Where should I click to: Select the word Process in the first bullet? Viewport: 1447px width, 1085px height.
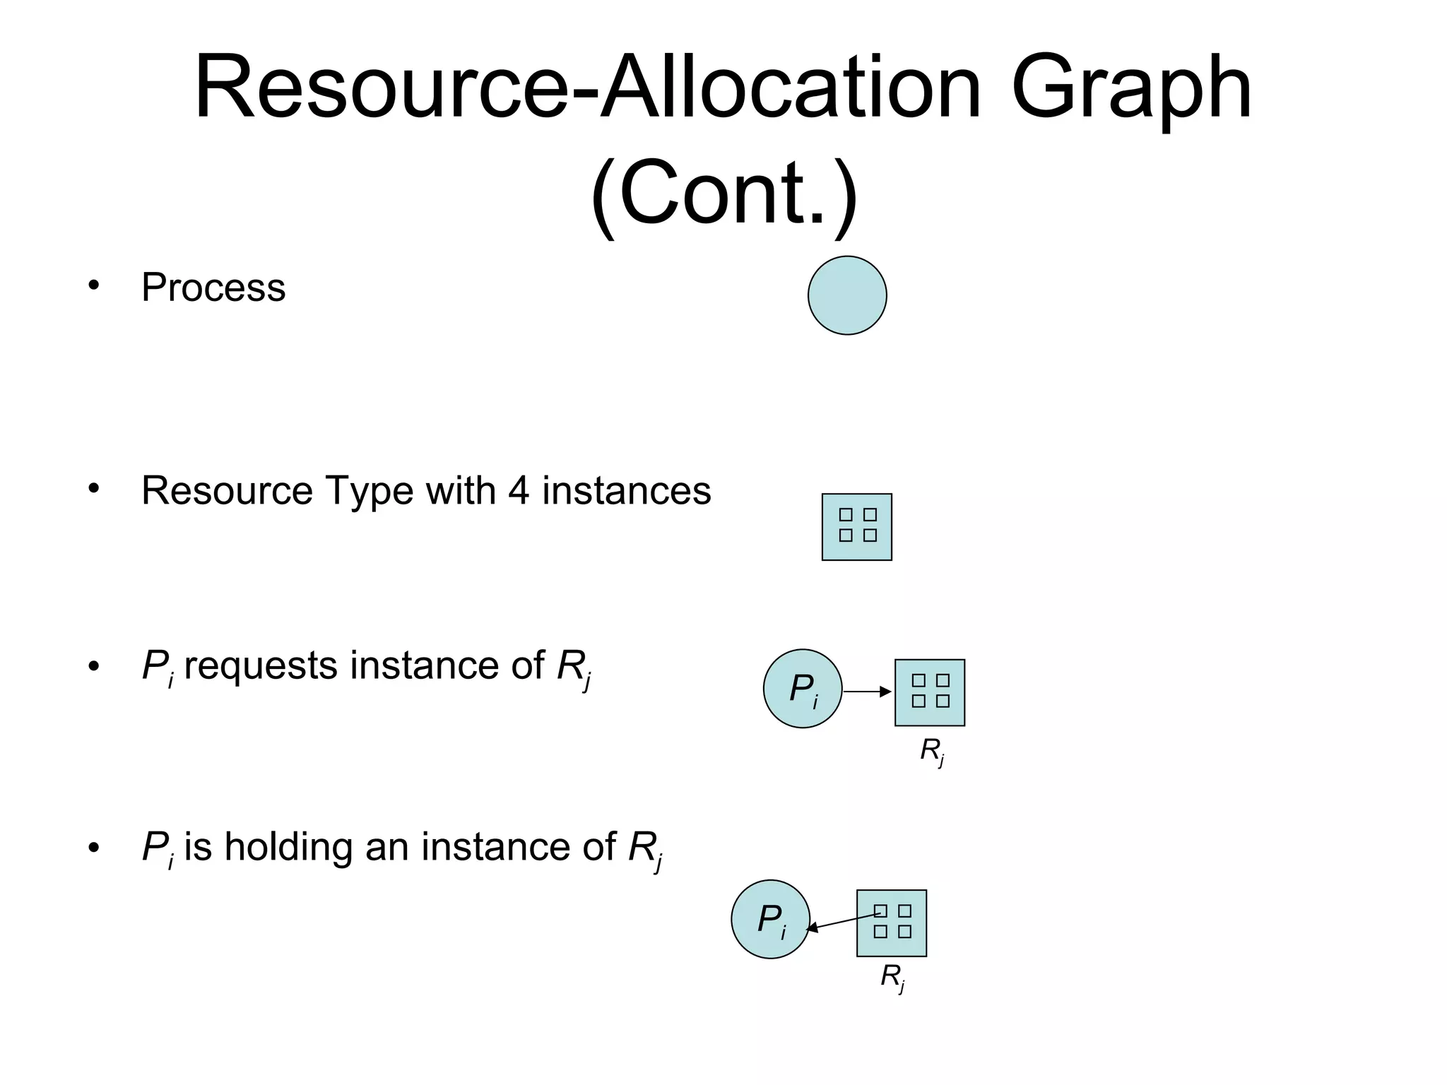pyautogui.click(x=213, y=287)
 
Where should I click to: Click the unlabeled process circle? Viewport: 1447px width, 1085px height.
pyautogui.click(x=847, y=295)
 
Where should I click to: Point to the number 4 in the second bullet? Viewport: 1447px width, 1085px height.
pyautogui.click(x=519, y=490)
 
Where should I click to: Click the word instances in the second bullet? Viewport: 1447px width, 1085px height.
pyautogui.click(x=627, y=490)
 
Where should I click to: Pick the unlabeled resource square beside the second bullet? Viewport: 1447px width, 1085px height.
pyautogui.click(x=857, y=527)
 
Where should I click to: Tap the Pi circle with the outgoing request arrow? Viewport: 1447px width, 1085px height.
pyautogui.click(x=803, y=689)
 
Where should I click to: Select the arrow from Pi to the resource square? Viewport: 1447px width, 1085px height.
pyautogui.click(x=867, y=692)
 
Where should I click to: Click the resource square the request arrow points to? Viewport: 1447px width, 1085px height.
pyautogui.click(x=930, y=692)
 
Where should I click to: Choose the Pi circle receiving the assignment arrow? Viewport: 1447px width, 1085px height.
pyautogui.click(x=770, y=919)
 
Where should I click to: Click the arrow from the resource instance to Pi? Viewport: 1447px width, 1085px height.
pyautogui.click(x=842, y=922)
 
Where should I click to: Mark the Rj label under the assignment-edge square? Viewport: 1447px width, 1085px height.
pyautogui.click(x=892, y=978)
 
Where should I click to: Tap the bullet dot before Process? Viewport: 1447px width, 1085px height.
pyautogui.click(x=93, y=286)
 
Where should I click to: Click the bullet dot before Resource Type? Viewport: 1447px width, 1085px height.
pyautogui.click(x=93, y=489)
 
